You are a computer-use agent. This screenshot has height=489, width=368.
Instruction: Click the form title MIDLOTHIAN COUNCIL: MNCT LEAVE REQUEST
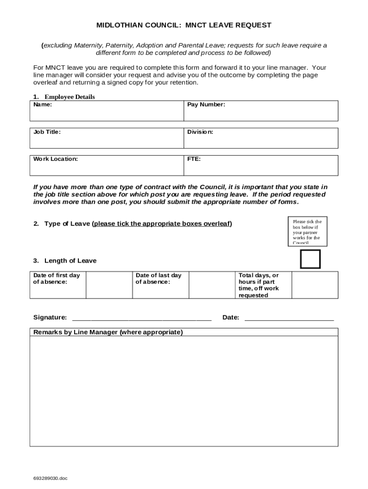click(184, 25)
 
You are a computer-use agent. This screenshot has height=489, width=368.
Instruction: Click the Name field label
click(43, 105)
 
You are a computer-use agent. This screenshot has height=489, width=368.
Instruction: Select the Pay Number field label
click(206, 105)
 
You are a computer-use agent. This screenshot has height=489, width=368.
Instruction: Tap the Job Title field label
click(47, 132)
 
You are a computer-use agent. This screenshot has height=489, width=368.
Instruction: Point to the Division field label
click(200, 132)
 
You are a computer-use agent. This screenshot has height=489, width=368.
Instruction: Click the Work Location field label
click(55, 159)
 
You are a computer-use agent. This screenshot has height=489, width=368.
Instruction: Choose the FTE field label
click(194, 159)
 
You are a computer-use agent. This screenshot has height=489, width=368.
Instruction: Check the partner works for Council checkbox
click(310, 259)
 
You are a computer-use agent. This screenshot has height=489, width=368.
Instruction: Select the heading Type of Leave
click(67, 223)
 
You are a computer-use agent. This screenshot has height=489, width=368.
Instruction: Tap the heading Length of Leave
click(70, 261)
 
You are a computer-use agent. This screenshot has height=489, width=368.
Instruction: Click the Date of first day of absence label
click(56, 278)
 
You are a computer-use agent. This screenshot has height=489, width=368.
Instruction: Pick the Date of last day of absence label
click(159, 278)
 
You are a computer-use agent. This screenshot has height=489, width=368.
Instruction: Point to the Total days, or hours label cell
click(259, 285)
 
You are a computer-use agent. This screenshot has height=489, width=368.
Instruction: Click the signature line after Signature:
click(141, 318)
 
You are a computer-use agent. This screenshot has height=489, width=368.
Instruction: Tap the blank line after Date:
click(289, 318)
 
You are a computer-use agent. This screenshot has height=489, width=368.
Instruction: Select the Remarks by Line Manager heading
click(108, 332)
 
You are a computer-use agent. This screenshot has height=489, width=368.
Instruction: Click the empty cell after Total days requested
click(314, 285)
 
